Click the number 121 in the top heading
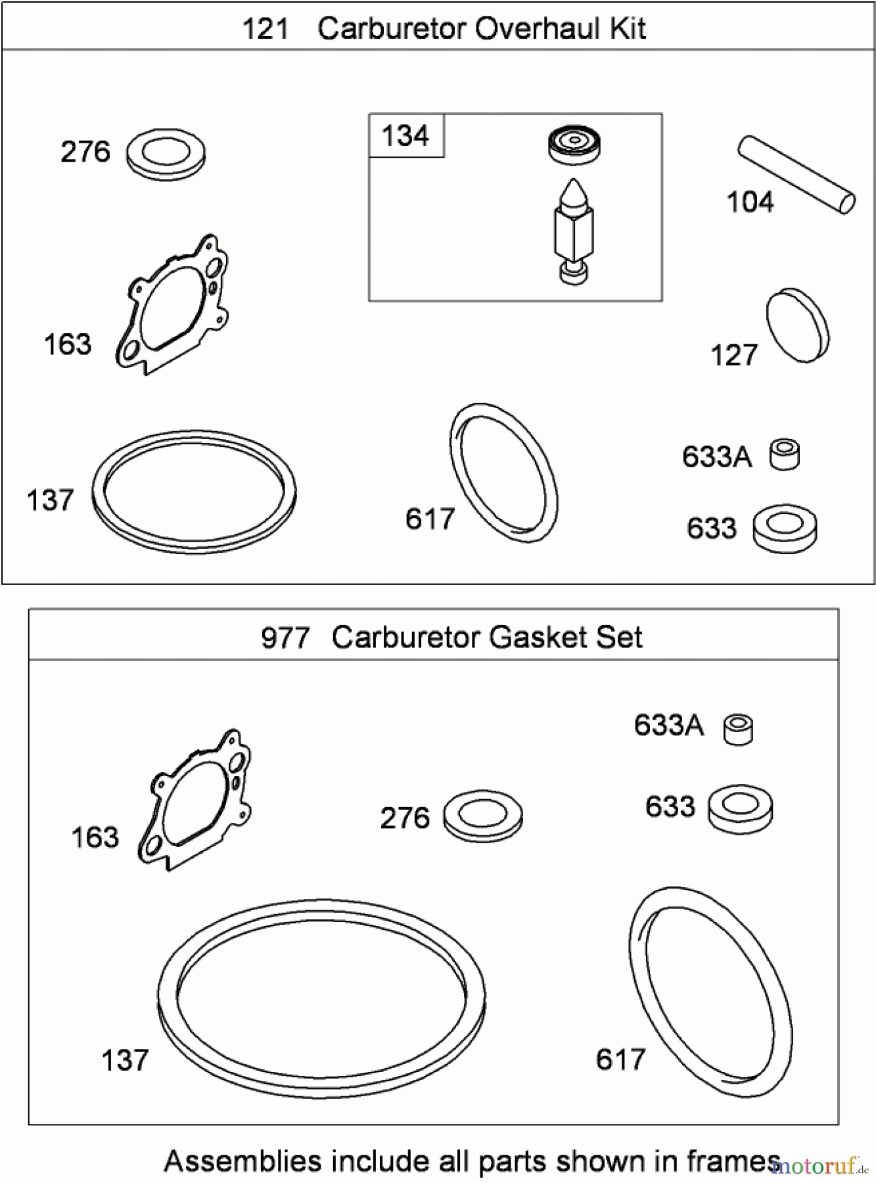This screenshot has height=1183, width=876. click(265, 29)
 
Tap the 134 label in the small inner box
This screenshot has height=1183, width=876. click(405, 136)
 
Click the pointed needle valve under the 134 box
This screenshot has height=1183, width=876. click(574, 229)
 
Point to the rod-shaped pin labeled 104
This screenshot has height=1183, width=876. click(796, 174)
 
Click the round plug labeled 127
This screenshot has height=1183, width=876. click(797, 324)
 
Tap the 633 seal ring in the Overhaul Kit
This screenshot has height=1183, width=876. click(785, 528)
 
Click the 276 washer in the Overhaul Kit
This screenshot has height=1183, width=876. click(165, 154)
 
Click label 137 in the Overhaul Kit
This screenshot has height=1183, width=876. click(50, 501)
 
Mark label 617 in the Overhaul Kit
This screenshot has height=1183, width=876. click(430, 519)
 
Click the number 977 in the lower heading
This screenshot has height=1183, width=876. click(285, 638)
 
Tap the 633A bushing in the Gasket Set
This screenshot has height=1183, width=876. click(738, 730)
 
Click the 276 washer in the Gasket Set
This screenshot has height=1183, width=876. click(483, 816)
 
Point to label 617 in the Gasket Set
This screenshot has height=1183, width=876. click(620, 1059)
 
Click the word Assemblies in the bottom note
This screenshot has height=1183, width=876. click(242, 1161)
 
